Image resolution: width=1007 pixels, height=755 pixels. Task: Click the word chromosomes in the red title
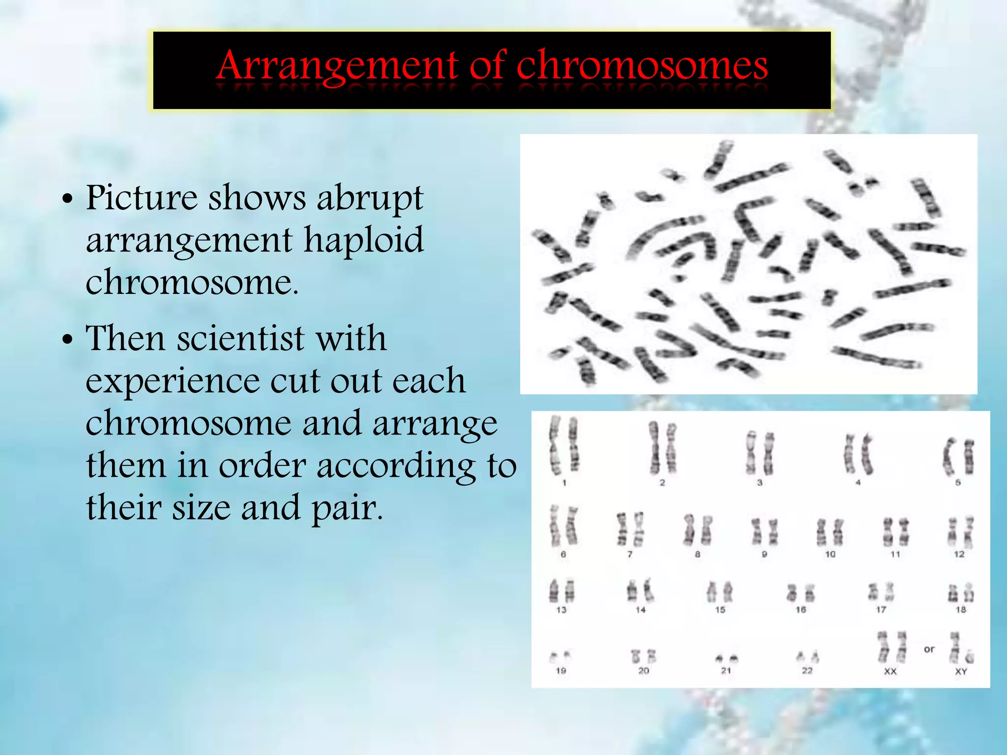pyautogui.click(x=642, y=66)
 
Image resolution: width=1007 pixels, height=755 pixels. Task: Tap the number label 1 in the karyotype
pyautogui.click(x=564, y=483)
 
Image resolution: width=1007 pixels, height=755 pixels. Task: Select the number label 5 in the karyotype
pyautogui.click(x=958, y=483)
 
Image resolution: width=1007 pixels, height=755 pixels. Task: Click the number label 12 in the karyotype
pyautogui.click(x=959, y=554)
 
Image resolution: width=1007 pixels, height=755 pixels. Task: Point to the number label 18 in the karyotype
pyautogui.click(x=960, y=610)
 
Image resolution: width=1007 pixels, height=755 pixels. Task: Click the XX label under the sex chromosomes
pyautogui.click(x=890, y=671)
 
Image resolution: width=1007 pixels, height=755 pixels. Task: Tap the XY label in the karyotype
pyautogui.click(x=960, y=671)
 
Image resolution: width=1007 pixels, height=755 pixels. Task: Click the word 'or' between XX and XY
pyautogui.click(x=929, y=649)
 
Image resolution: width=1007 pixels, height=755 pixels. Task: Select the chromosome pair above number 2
pyautogui.click(x=662, y=447)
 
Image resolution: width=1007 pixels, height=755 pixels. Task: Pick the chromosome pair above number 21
pyautogui.click(x=726, y=658)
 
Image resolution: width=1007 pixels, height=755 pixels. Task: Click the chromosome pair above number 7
pyautogui.click(x=630, y=529)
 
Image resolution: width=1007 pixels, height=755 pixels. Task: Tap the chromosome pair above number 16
pyautogui.click(x=800, y=593)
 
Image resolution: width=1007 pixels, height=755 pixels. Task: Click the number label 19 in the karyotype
pyautogui.click(x=561, y=670)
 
